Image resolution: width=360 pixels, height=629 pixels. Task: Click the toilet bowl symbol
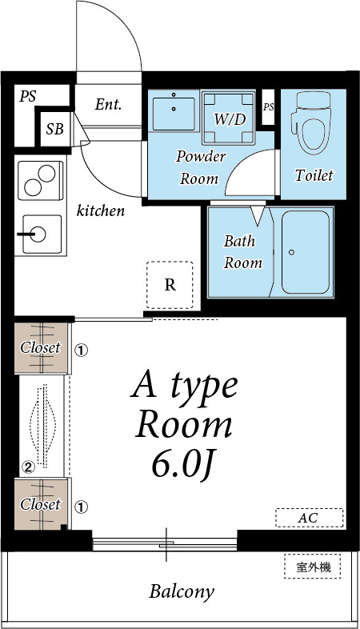[312, 123]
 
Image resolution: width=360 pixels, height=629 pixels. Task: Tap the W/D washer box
[229, 118]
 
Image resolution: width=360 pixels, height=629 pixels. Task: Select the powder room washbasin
[174, 110]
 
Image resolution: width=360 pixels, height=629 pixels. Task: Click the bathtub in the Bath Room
[306, 252]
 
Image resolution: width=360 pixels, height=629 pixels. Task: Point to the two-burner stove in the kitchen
[41, 180]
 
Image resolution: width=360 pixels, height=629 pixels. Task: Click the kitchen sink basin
[41, 234]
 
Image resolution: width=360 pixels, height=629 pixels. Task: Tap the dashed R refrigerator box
[170, 285]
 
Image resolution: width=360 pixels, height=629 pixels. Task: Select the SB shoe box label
[54, 129]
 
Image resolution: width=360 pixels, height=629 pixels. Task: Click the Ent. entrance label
[108, 105]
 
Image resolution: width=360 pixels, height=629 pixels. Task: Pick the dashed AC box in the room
[310, 518]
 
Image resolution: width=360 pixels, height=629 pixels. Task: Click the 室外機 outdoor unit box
[313, 567]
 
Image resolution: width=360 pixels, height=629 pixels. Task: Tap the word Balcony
[182, 592]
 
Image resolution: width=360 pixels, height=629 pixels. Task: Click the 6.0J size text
[182, 465]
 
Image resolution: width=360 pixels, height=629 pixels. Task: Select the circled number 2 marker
[28, 467]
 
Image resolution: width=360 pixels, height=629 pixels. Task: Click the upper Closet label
[41, 347]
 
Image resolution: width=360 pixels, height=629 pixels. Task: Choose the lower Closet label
[41, 504]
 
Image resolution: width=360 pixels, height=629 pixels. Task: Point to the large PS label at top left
[28, 96]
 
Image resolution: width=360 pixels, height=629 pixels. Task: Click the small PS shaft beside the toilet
[269, 107]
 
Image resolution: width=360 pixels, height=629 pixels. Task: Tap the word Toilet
[314, 175]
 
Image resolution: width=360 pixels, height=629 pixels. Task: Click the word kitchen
[101, 210]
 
